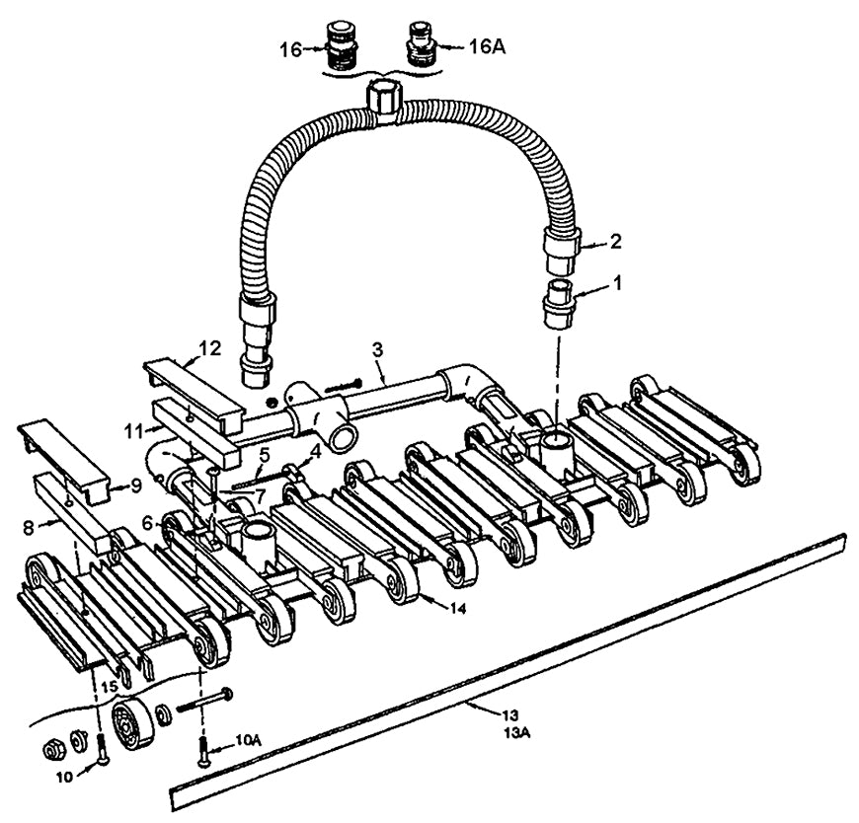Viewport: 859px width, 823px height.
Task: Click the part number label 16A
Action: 487,47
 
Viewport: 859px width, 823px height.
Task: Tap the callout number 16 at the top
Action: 291,49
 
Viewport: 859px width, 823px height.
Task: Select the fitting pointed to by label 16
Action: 342,46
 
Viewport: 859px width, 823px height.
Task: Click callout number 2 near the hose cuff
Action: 616,242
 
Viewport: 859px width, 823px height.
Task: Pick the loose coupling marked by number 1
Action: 559,304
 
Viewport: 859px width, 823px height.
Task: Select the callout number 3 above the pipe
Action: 377,350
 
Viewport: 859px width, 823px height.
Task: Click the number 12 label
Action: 210,347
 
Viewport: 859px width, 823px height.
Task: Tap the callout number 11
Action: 133,431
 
